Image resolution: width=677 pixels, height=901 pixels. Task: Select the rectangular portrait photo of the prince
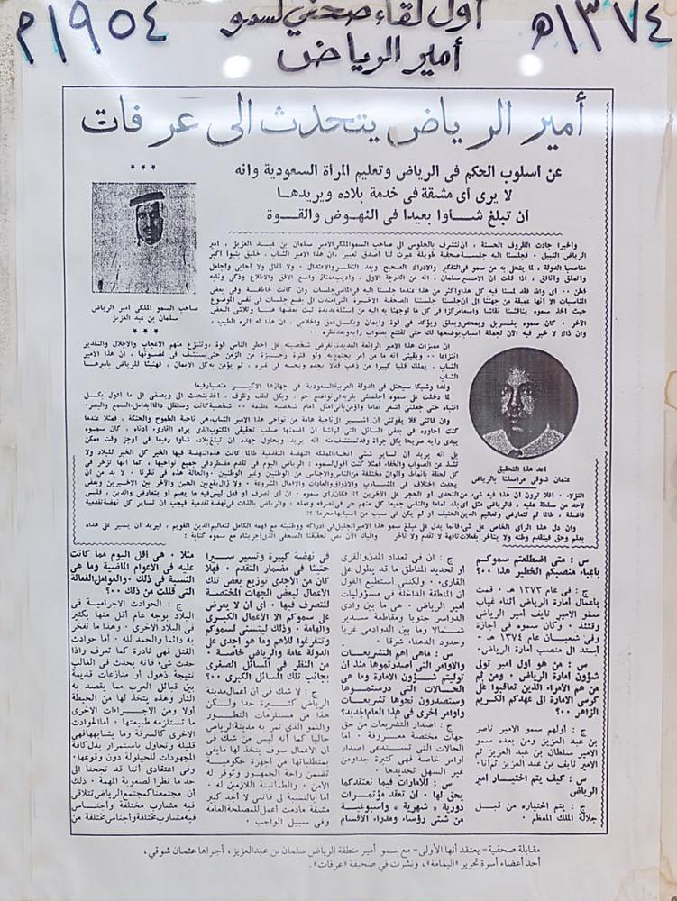[x=143, y=239]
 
